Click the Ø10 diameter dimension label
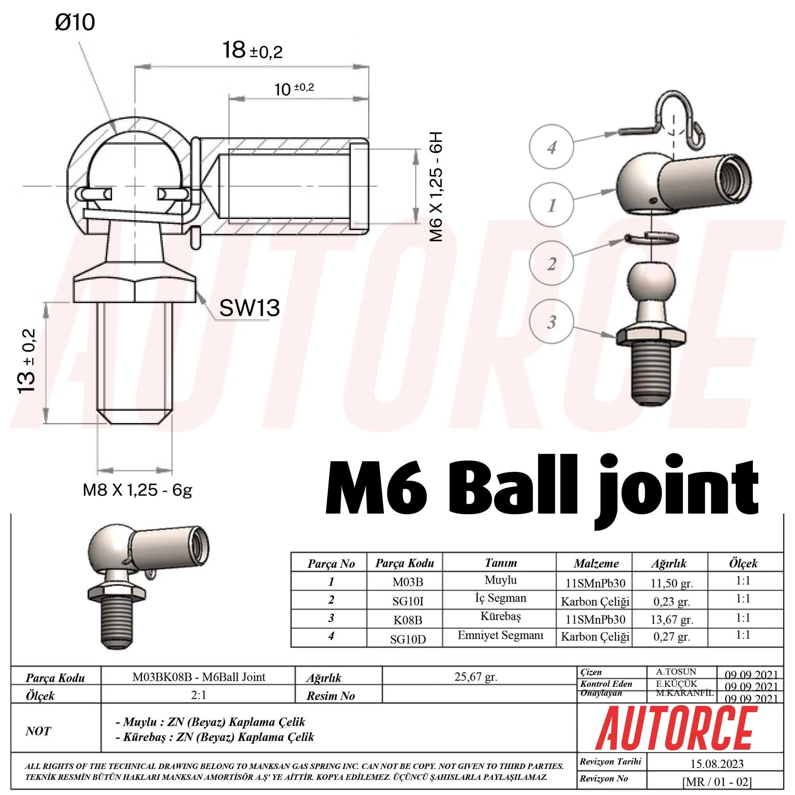point(75,22)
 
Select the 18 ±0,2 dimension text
point(252,50)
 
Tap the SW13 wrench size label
point(249,308)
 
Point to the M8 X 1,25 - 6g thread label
point(138,490)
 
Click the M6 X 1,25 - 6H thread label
point(436,186)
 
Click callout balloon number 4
point(551,147)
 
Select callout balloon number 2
point(551,264)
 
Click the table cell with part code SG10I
point(407,601)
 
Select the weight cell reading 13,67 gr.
point(671,619)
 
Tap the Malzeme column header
point(596,563)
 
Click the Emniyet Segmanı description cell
point(500,635)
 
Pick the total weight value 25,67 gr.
point(476,677)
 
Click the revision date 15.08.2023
point(717,764)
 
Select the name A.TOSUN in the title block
point(676,671)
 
